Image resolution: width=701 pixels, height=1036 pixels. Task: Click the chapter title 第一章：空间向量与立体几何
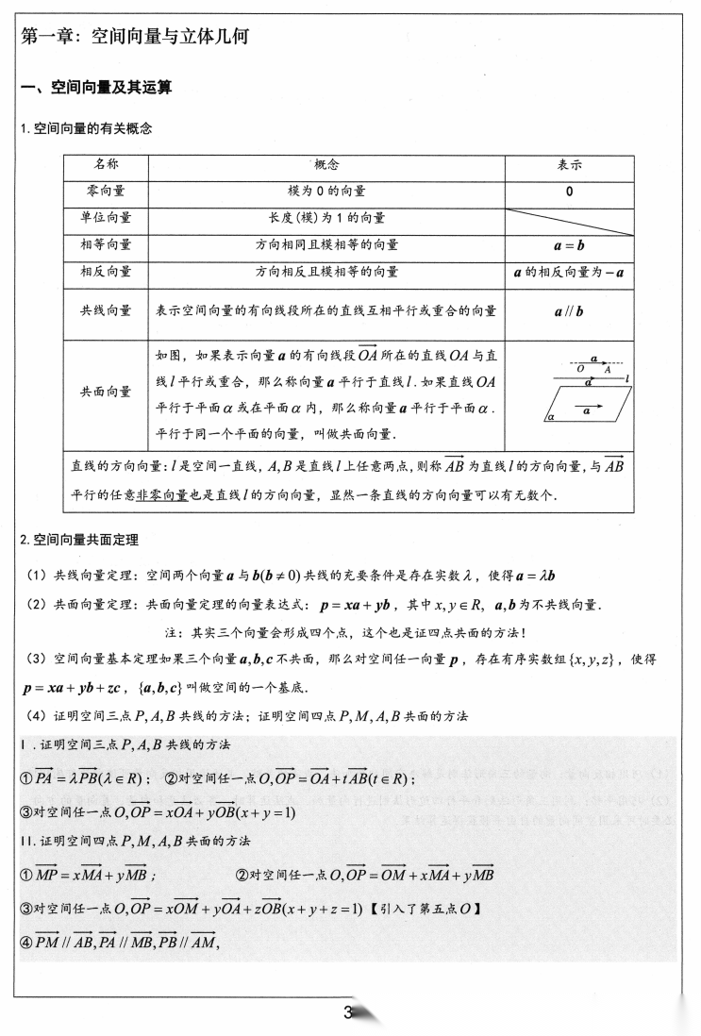pyautogui.click(x=142, y=37)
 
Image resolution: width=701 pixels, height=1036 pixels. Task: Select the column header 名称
pyautogui.click(x=107, y=164)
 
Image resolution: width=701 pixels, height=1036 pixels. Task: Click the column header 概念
pyautogui.click(x=326, y=164)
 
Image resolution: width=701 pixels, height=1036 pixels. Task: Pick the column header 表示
pyautogui.click(x=570, y=164)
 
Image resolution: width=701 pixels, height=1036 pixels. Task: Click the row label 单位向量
pyautogui.click(x=107, y=218)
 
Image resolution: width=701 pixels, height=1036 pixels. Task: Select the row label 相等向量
pyautogui.click(x=107, y=244)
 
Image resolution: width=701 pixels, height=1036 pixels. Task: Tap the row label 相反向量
pyautogui.click(x=107, y=272)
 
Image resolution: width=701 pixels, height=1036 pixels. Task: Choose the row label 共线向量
pyautogui.click(x=107, y=310)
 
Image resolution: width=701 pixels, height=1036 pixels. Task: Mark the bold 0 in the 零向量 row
pyautogui.click(x=570, y=192)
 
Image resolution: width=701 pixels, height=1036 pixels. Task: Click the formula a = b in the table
pyautogui.click(x=570, y=244)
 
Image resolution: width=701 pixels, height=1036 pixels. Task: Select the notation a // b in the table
pyautogui.click(x=570, y=311)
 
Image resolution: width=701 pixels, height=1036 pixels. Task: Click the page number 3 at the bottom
pyautogui.click(x=348, y=1013)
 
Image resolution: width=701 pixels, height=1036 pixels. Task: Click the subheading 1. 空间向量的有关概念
pyautogui.click(x=87, y=128)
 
